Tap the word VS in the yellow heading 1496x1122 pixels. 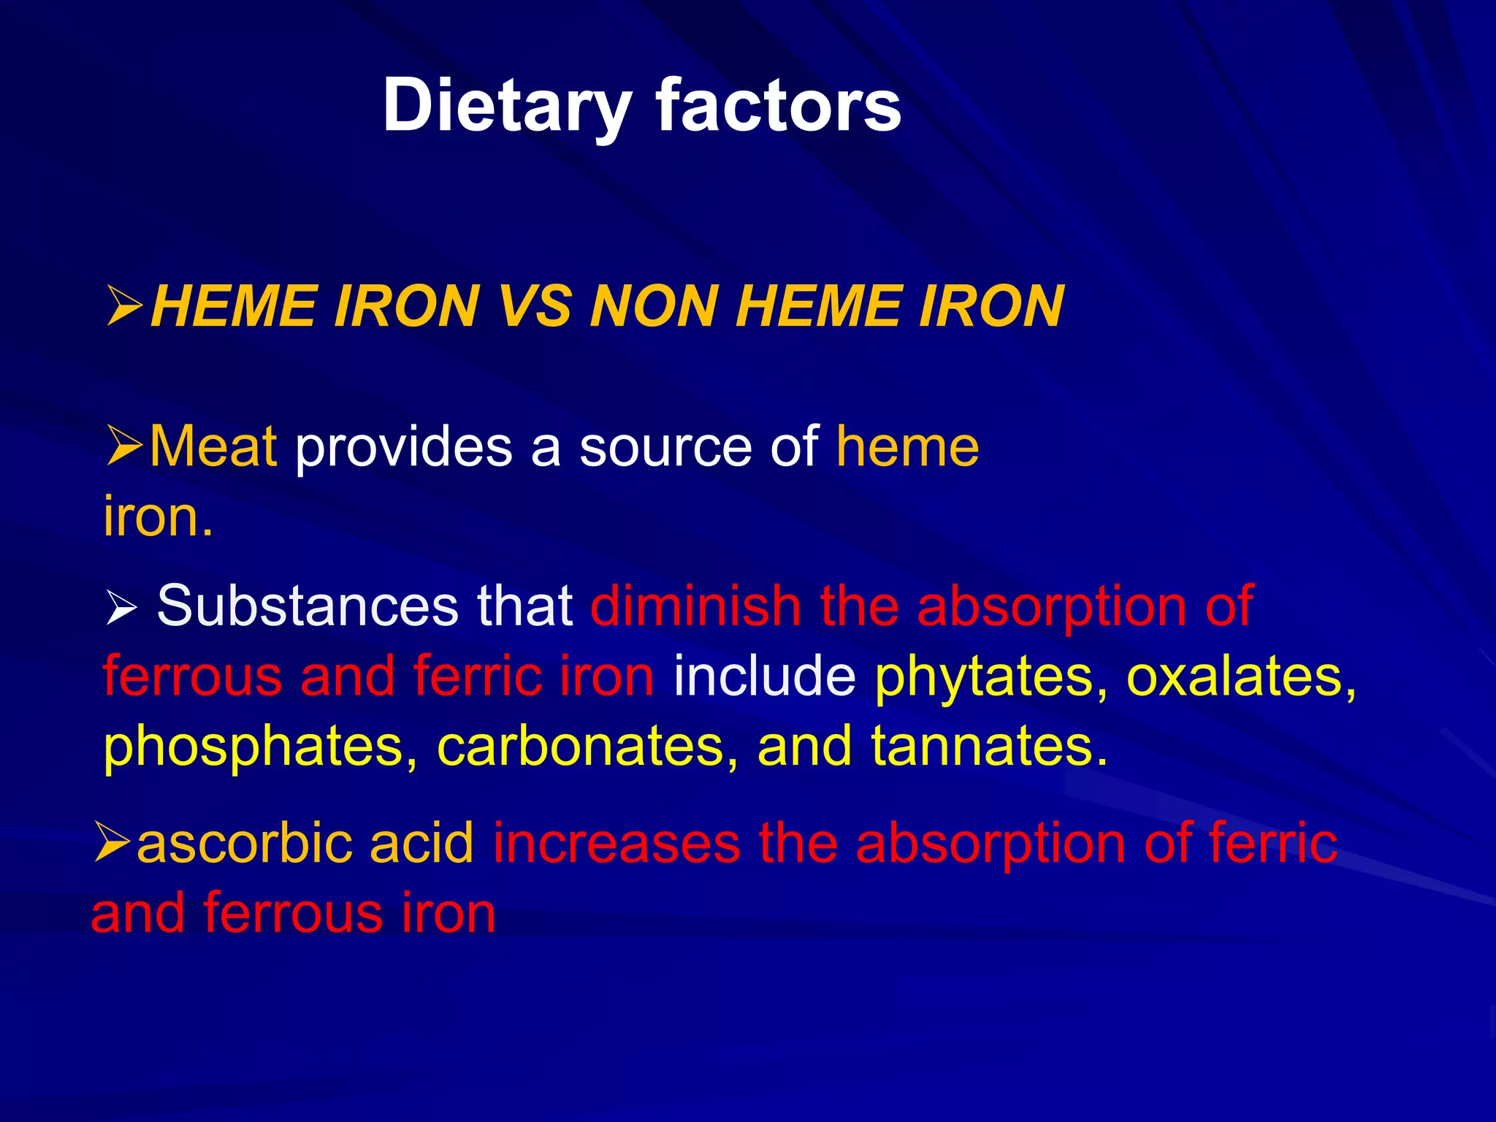tap(535, 307)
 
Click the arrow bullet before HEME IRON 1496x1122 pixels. tap(124, 307)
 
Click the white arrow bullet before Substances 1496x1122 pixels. tap(121, 608)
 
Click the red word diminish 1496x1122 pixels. tap(696, 606)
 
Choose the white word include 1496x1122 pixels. tap(764, 676)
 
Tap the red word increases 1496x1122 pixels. tap(617, 844)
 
